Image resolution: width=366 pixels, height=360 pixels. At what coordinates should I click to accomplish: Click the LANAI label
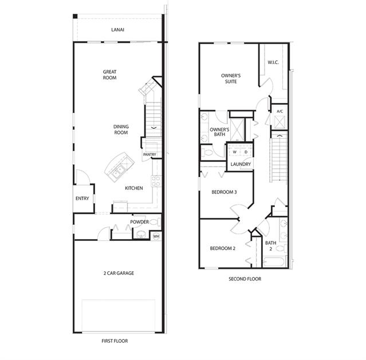117,30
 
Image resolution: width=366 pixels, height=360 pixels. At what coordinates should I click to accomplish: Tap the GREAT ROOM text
110,74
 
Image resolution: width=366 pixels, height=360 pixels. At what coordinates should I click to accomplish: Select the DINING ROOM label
121,129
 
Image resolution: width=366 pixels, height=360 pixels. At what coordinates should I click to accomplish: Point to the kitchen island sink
119,171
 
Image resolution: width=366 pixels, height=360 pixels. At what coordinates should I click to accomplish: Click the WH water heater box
156,236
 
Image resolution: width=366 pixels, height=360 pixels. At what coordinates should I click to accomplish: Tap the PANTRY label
149,155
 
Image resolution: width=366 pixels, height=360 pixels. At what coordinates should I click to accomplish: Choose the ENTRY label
82,199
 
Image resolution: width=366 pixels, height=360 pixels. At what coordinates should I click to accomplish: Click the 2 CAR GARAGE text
119,273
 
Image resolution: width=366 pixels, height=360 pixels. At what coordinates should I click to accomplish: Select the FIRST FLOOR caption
115,341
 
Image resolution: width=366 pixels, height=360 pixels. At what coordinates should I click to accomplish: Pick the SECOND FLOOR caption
245,279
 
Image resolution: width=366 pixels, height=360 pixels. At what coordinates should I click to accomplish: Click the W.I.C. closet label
273,62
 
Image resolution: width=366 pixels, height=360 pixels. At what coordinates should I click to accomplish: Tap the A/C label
280,111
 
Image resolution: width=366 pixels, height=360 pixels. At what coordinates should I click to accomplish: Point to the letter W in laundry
235,152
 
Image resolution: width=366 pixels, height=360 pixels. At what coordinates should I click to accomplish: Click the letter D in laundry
246,152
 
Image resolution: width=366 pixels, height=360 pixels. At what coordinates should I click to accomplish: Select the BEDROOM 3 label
224,192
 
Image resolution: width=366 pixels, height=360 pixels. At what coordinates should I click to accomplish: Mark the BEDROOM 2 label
222,248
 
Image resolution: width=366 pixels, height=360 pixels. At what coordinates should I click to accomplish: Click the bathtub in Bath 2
274,262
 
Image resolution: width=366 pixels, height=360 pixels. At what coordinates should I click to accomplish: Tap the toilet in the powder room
155,222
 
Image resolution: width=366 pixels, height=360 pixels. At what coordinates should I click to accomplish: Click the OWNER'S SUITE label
231,78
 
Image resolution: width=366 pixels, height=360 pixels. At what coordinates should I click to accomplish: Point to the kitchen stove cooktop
156,181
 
